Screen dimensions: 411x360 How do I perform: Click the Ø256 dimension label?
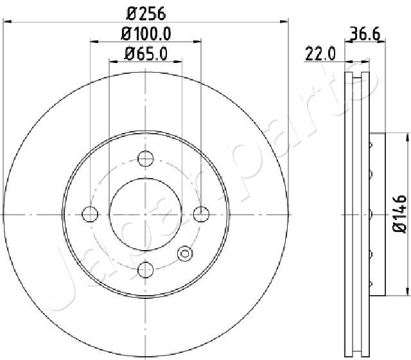146,14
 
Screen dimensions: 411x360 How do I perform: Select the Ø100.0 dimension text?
146,34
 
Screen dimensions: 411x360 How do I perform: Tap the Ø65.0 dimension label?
146,54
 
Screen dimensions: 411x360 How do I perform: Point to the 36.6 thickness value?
365,33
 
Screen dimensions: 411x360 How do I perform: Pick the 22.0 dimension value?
320,54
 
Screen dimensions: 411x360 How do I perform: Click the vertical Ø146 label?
399,213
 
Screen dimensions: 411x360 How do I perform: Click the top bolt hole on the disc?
146,159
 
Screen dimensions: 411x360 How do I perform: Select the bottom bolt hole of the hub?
146,270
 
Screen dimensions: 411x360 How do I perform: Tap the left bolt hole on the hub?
90,214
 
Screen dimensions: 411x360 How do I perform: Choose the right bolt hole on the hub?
201,214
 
